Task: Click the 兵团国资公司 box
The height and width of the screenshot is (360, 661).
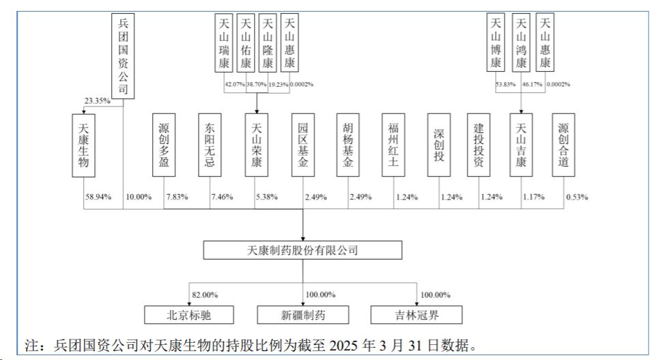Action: (x=123, y=56)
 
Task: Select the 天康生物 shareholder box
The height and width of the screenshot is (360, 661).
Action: (x=83, y=146)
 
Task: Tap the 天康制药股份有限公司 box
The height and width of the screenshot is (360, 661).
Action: (x=303, y=250)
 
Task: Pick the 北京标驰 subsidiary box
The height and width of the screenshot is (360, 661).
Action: (x=189, y=315)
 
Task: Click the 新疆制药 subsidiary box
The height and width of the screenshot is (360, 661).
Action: (x=303, y=315)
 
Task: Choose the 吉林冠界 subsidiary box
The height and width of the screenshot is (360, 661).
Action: (x=417, y=315)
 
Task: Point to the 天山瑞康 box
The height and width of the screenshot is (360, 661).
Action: (x=224, y=43)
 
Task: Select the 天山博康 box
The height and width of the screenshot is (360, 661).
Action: (x=496, y=42)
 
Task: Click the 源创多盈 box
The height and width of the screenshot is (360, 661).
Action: (x=164, y=145)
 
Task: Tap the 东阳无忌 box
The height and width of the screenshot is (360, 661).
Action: (x=210, y=145)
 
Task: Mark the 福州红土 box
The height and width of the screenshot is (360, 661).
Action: (x=393, y=145)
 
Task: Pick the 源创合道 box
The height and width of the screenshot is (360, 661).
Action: (x=563, y=145)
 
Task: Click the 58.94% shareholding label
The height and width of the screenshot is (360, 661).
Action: (x=98, y=197)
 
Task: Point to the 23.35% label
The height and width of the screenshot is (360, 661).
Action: (x=98, y=100)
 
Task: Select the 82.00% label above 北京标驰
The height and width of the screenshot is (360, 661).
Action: (x=205, y=294)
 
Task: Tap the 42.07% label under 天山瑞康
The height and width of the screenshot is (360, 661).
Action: (x=234, y=84)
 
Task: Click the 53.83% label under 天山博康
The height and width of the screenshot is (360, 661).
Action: (x=505, y=84)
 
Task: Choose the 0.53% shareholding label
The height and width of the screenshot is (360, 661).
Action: (x=577, y=197)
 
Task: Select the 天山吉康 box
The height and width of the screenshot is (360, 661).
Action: (x=521, y=145)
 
